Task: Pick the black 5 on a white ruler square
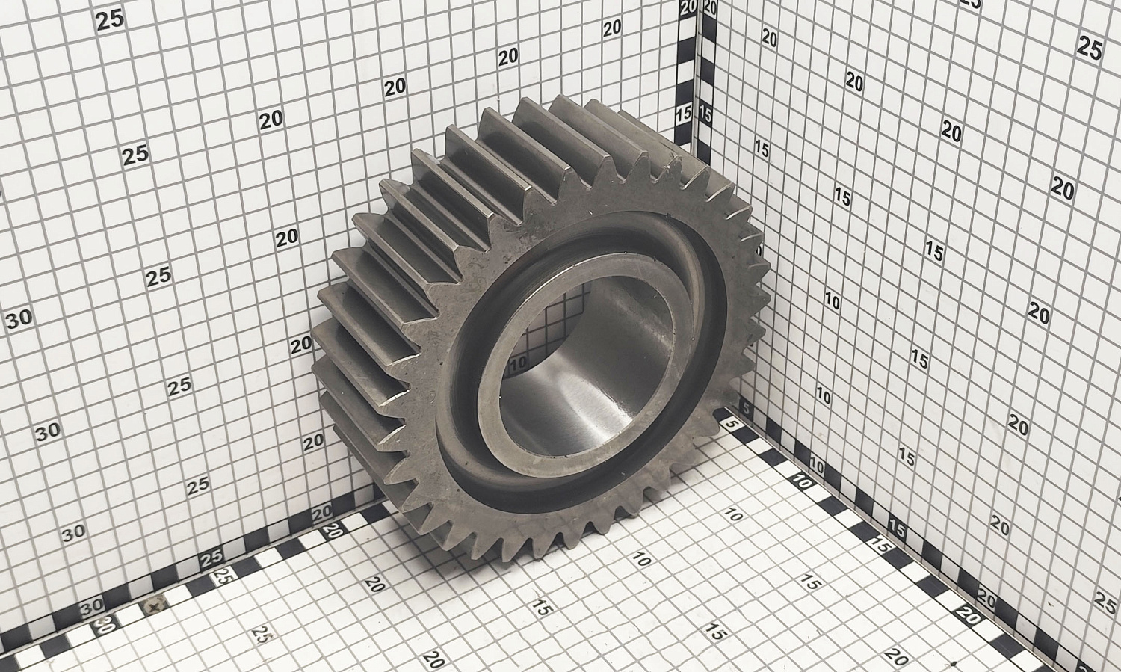click(x=746, y=409)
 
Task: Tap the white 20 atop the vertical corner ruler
click(x=689, y=7)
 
